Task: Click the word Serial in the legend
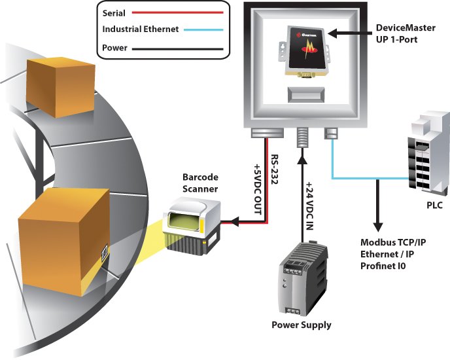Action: [115, 12]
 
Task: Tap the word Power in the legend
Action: [115, 48]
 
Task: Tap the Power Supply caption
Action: [302, 325]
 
